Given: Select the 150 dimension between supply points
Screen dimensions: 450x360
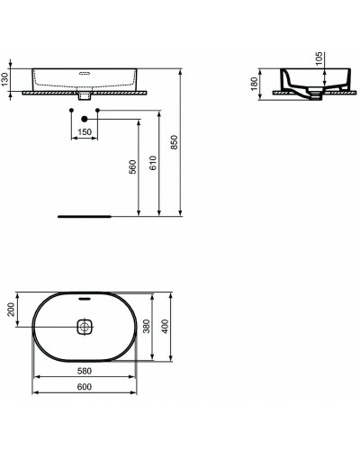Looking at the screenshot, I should [84, 132].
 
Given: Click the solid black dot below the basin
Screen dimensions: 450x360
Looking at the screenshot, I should [84, 119].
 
